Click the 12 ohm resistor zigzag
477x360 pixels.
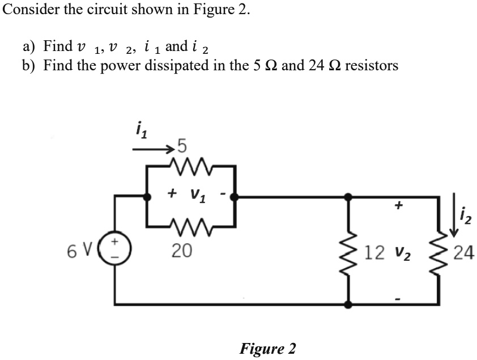350,251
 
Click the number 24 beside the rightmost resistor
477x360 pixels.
463,251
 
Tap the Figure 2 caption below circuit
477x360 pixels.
267,348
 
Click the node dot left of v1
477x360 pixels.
149,197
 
